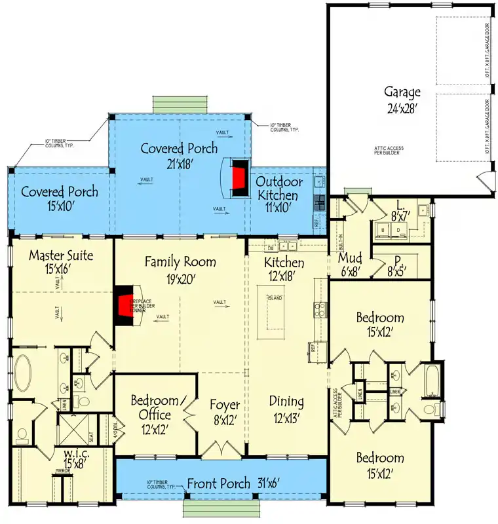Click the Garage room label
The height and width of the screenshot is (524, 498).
[402, 100]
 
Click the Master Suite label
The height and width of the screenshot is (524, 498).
[61, 263]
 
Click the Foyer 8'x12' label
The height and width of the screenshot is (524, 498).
[224, 412]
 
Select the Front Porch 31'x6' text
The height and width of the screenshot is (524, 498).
[233, 484]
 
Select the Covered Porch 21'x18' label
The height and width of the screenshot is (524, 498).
[179, 156]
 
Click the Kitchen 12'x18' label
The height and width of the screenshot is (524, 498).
[284, 269]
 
